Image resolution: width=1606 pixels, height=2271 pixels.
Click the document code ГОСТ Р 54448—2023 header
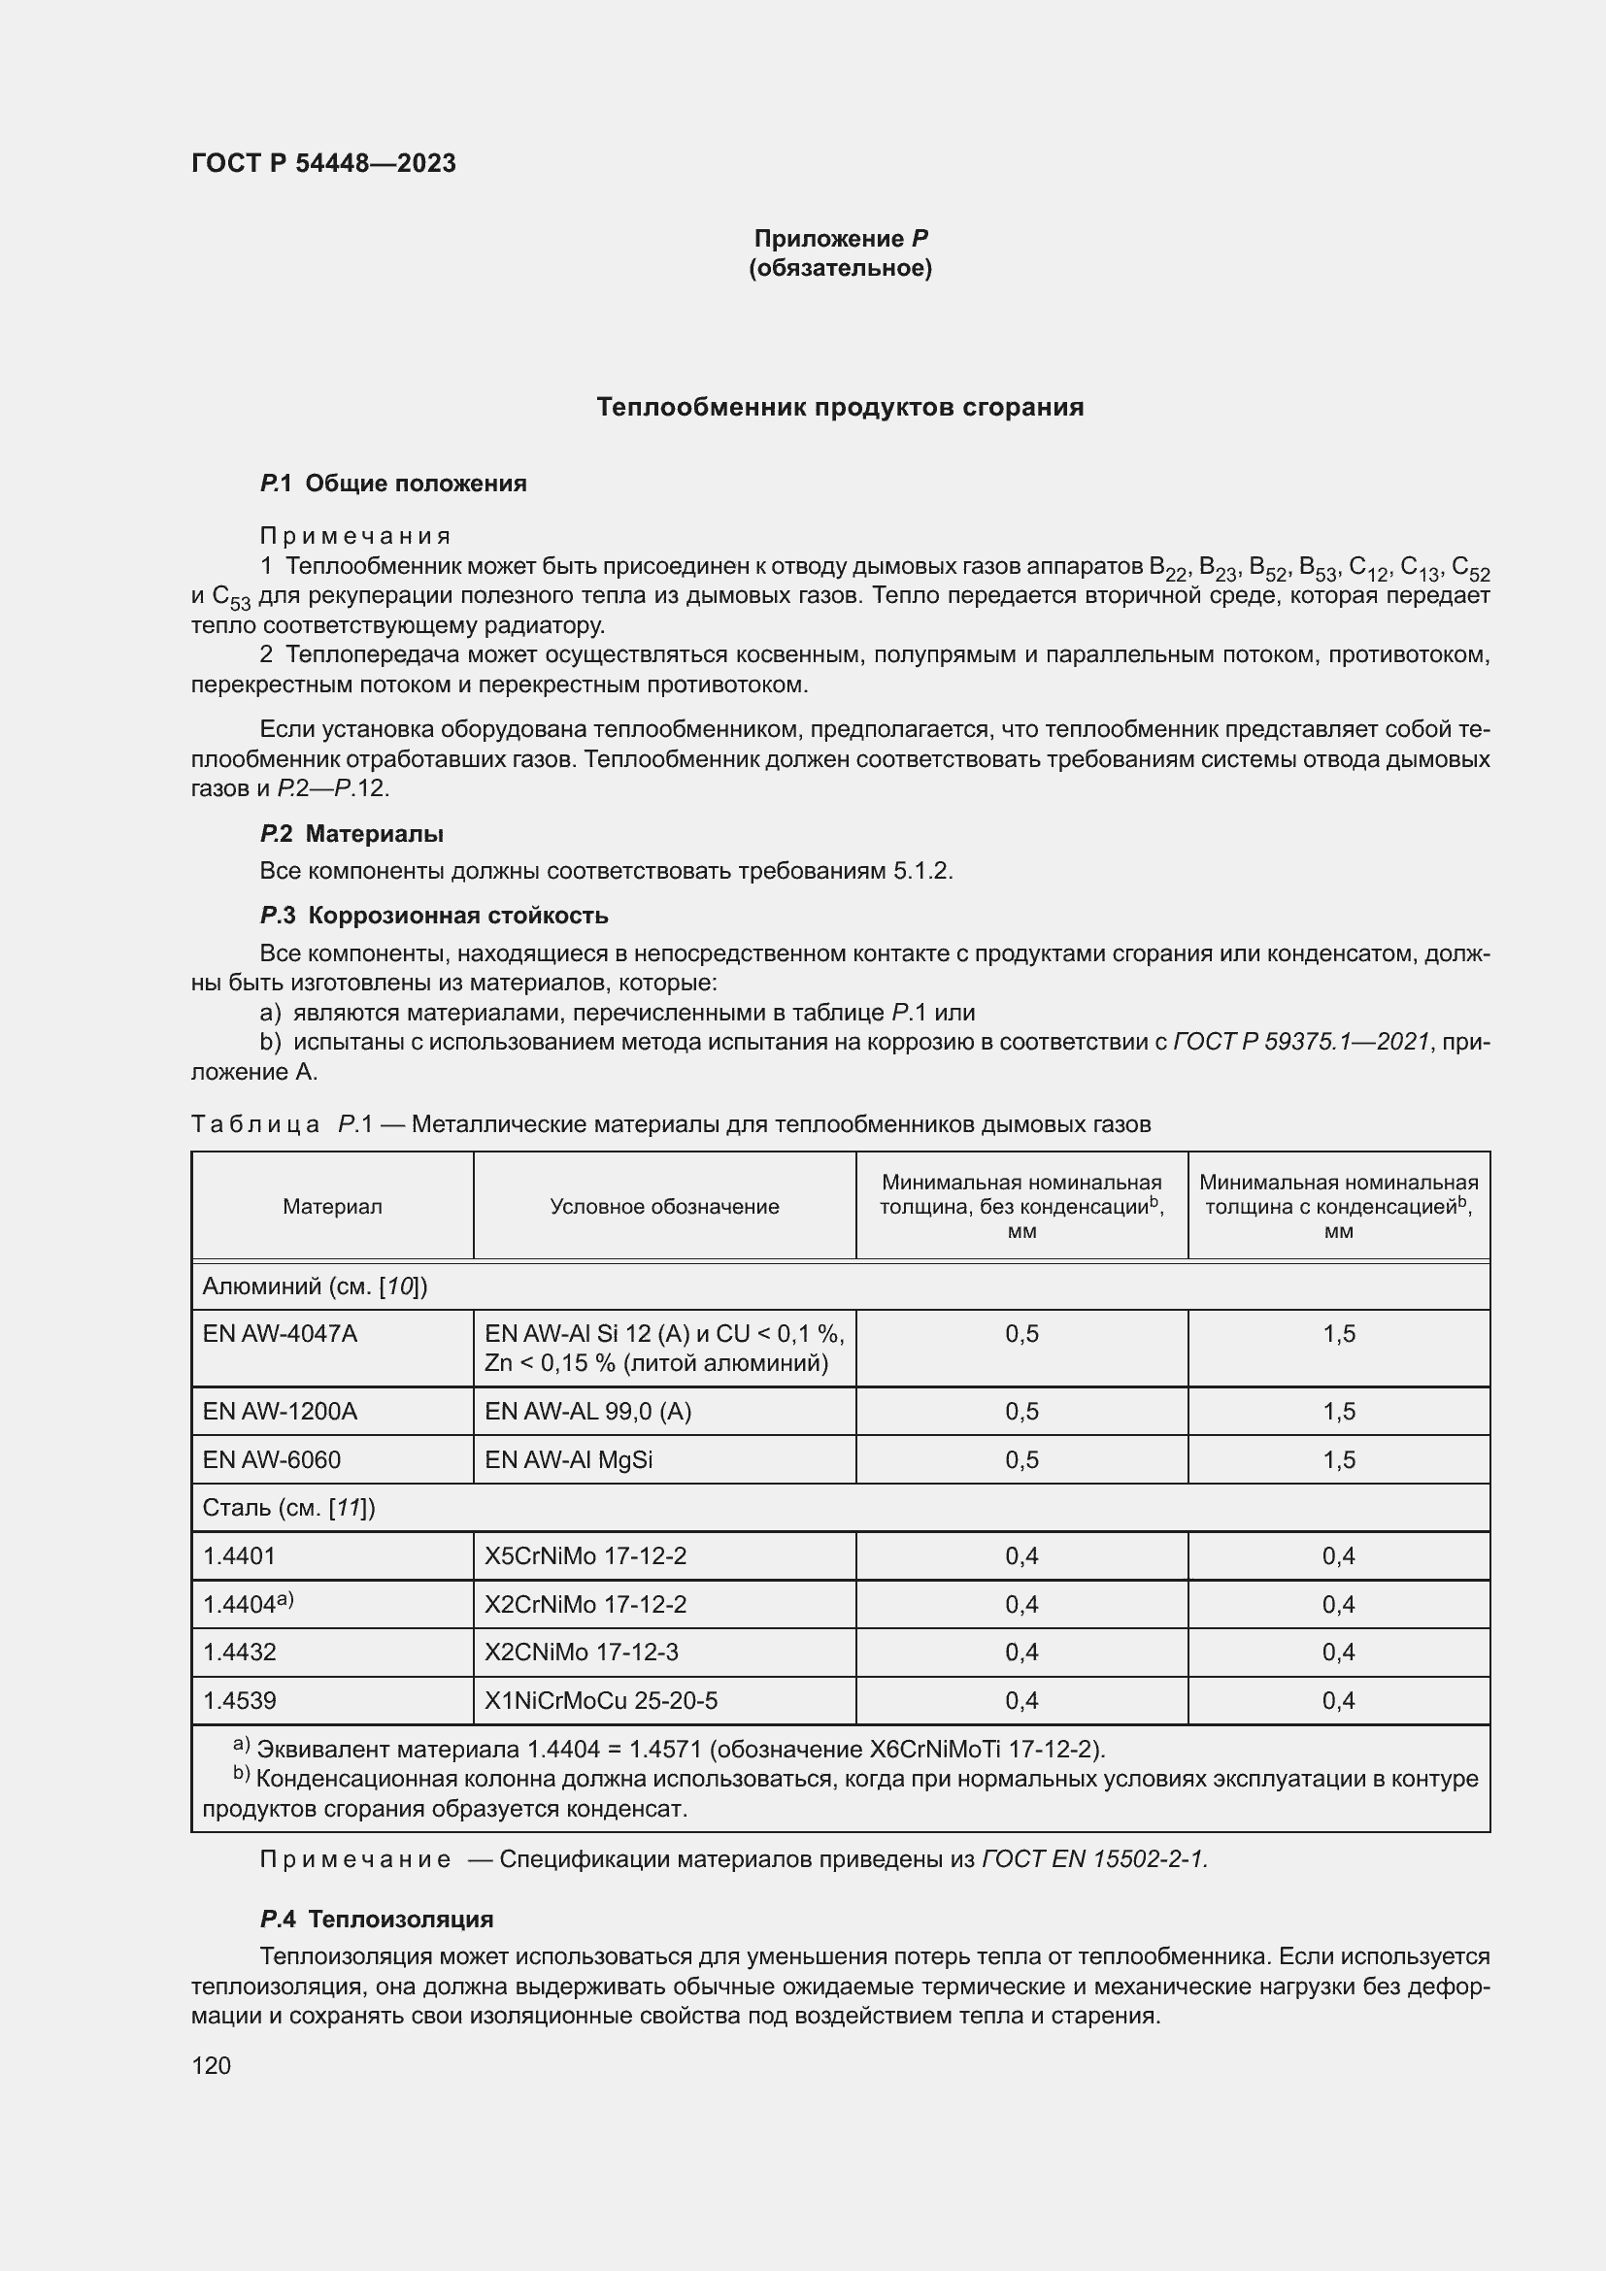pos(323,163)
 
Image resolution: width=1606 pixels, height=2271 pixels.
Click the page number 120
pos(211,2065)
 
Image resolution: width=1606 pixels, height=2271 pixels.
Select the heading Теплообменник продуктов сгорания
pos(840,408)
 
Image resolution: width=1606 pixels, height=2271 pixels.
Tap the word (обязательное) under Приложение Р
pos(840,268)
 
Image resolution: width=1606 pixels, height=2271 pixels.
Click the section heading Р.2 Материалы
pos(351,834)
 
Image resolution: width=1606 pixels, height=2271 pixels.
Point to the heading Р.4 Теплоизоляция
pos(376,1919)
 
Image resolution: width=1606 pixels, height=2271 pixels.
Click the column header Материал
pos(332,1207)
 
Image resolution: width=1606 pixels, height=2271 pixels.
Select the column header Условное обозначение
pos(664,1207)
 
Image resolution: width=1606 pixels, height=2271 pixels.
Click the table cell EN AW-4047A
pos(280,1334)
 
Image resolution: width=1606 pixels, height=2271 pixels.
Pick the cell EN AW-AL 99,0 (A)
pos(587,1412)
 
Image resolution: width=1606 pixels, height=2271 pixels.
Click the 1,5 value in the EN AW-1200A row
pos(1338,1412)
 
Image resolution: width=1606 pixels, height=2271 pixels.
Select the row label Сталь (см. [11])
pos(288,1508)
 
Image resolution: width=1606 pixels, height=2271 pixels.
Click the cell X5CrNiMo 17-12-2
pos(586,1555)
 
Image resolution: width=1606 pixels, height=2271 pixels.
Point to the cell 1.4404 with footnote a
pos(249,1604)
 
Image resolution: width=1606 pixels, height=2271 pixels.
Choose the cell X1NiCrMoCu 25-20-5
pos(600,1700)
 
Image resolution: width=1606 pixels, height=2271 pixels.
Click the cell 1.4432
pos(239,1652)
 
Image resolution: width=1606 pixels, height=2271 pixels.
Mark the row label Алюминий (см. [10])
pos(315,1286)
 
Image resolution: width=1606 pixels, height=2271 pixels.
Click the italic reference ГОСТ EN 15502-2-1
pos(1094,1859)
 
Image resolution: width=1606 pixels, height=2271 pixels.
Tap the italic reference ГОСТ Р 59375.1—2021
pos(1301,1042)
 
